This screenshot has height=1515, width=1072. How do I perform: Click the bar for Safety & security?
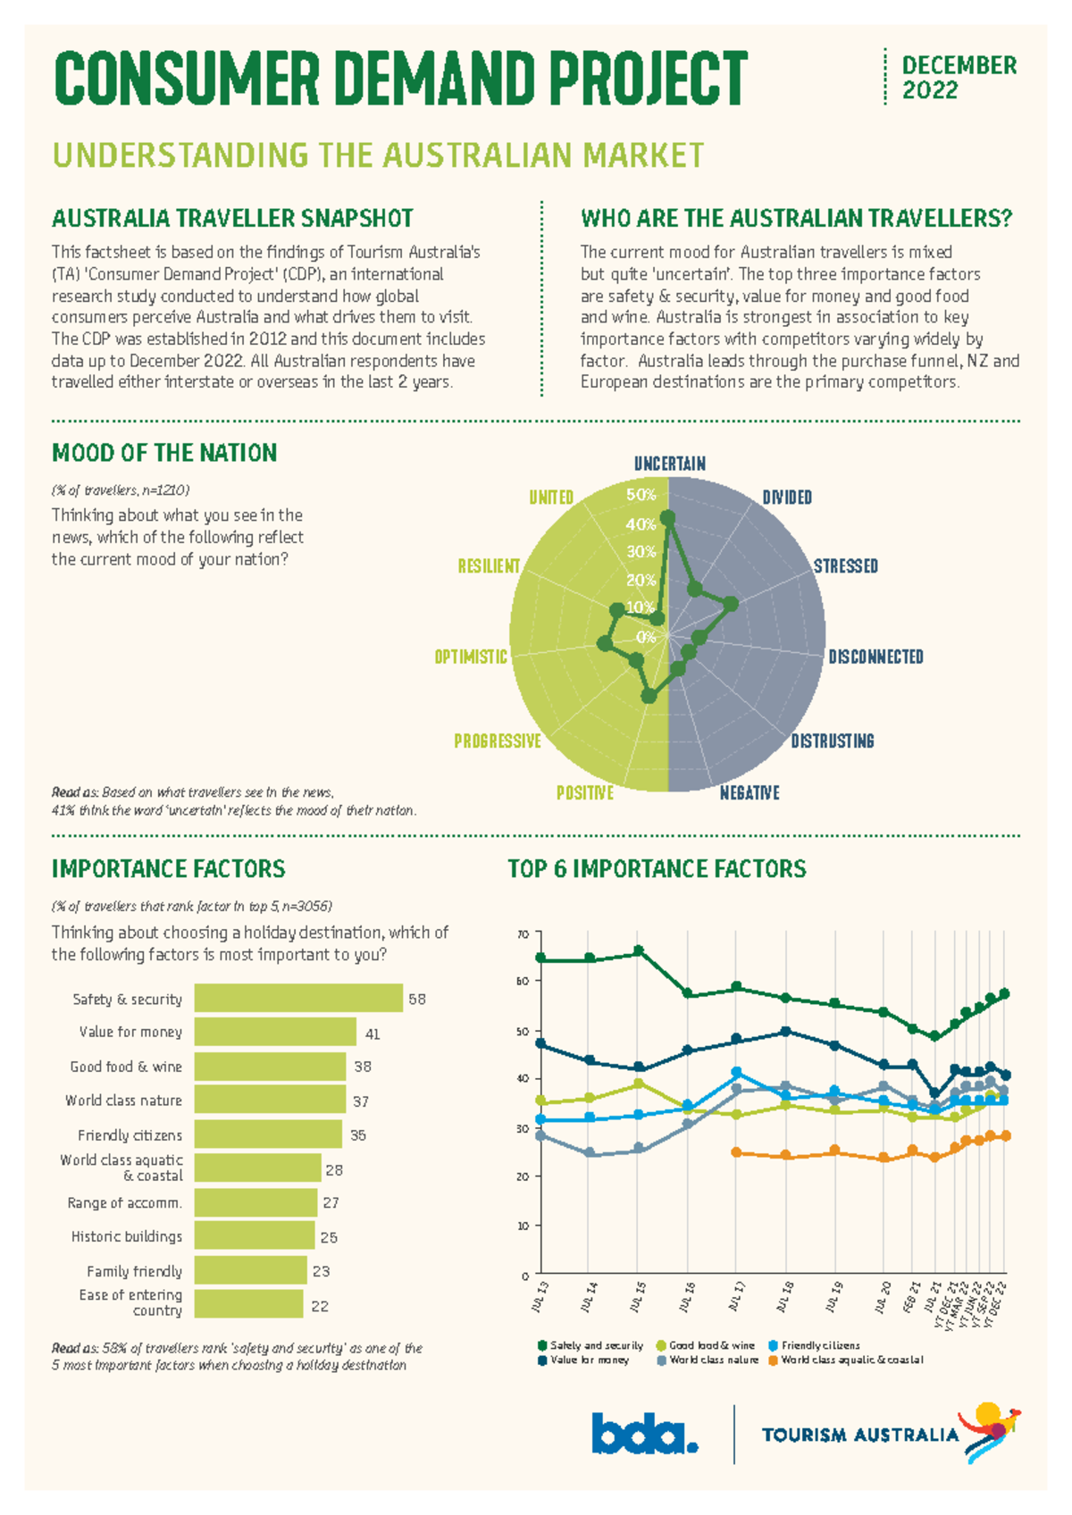[x=298, y=998]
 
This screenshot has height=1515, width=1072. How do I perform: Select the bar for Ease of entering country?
[x=248, y=1303]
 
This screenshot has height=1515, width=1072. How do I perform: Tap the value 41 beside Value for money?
[x=373, y=1034]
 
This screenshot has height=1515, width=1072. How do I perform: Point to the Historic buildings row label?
[x=127, y=1236]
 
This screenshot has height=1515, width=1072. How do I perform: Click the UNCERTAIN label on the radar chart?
[x=669, y=464]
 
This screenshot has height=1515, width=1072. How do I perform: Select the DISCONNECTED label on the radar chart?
[x=875, y=657]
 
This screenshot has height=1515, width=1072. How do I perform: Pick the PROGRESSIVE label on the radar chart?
[x=498, y=741]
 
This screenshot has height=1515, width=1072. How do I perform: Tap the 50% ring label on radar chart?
[x=641, y=495]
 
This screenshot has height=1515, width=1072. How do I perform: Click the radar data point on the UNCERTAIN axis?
[x=667, y=518]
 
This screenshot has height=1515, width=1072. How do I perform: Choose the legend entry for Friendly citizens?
[x=819, y=1345]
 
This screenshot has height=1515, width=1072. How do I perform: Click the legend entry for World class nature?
[x=713, y=1360]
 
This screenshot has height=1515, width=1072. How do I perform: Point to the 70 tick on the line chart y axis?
[x=523, y=934]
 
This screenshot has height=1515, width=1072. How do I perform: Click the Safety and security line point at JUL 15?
[x=638, y=951]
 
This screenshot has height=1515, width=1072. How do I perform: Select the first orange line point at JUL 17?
[x=736, y=1152]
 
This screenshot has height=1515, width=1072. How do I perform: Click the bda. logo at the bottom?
[x=644, y=1434]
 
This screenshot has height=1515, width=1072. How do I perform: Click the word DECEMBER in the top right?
[x=959, y=65]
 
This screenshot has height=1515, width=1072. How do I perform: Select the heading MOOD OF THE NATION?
[x=164, y=453]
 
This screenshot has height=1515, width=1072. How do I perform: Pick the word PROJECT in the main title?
[x=648, y=79]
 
